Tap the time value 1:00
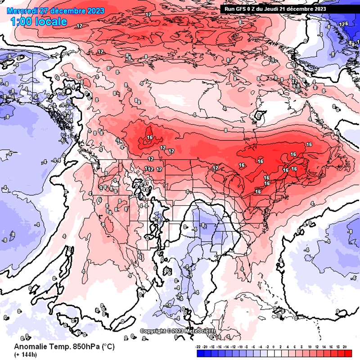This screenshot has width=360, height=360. [x=21, y=22]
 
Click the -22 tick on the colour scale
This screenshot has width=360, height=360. [x=198, y=346]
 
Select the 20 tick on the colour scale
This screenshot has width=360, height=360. [x=345, y=346]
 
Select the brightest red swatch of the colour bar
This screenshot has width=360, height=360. [x=347, y=353]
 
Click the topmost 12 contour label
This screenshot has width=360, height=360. [x=148, y=14]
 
